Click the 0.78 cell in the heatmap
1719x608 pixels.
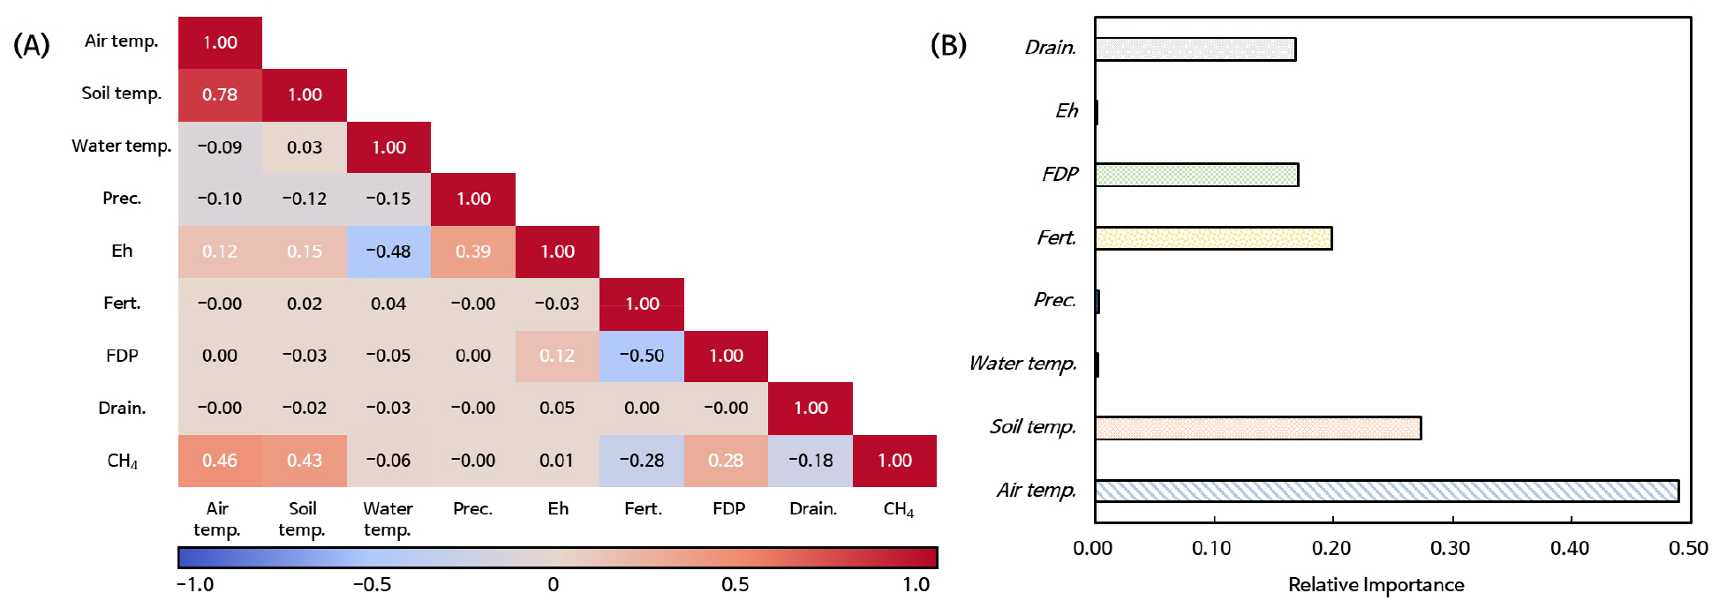(x=220, y=94)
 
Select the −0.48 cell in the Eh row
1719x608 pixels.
(x=388, y=251)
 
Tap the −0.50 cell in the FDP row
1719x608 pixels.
(x=642, y=356)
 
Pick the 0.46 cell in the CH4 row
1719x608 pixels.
(x=220, y=461)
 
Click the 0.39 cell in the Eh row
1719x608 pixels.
(x=473, y=251)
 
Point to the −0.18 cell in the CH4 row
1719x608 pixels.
(x=810, y=461)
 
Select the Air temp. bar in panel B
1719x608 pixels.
(x=1386, y=491)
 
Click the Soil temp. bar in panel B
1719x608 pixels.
(x=1257, y=428)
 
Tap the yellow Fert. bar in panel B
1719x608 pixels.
(x=1213, y=238)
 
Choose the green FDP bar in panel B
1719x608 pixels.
(x=1196, y=175)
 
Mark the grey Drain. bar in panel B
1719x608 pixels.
(x=1195, y=49)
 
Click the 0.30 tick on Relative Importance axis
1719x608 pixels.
(x=1451, y=548)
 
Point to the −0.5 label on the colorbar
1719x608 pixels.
(x=372, y=584)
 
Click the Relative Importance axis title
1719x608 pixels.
(x=1376, y=584)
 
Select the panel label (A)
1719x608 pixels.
(x=32, y=44)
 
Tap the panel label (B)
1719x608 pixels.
(x=948, y=44)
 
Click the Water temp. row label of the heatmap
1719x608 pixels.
(x=122, y=146)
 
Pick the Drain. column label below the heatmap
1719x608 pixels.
(x=813, y=508)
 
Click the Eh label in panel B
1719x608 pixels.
(x=1067, y=111)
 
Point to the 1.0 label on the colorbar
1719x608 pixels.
(x=916, y=584)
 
